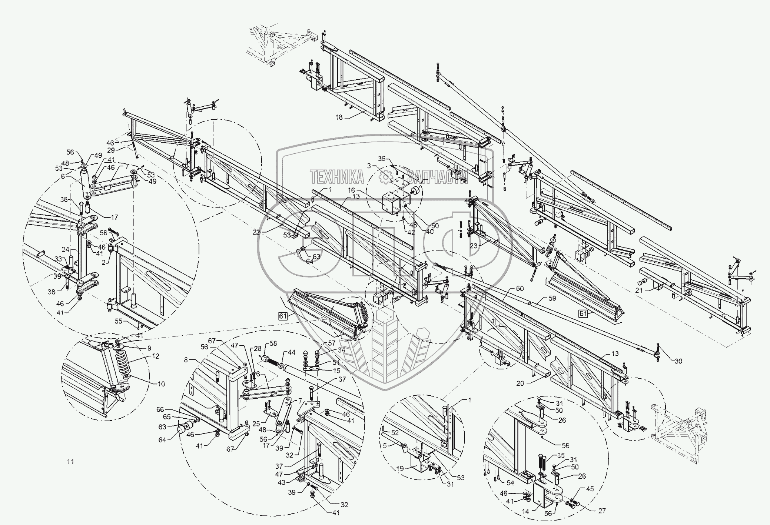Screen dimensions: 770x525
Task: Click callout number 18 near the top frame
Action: point(339,117)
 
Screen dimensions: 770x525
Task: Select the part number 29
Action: point(111,150)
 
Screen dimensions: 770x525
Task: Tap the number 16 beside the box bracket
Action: point(351,190)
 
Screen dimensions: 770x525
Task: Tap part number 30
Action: point(678,361)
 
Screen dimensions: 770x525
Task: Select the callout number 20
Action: point(521,383)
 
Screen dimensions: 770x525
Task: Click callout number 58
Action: point(273,344)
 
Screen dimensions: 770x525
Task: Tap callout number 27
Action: point(602,511)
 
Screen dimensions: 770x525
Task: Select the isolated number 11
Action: point(70,462)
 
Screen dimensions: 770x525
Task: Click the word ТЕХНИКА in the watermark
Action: point(337,177)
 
